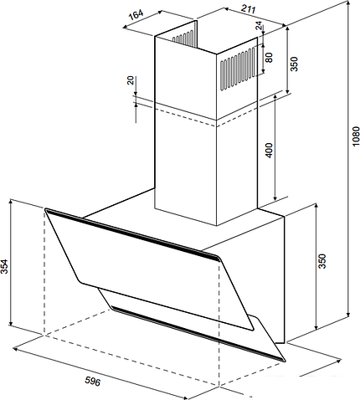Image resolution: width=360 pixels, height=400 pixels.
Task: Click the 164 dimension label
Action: [136, 14]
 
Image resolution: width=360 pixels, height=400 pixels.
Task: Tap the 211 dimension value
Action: [248, 9]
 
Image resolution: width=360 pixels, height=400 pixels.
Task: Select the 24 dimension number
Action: [260, 26]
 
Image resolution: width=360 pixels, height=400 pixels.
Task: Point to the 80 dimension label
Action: [269, 58]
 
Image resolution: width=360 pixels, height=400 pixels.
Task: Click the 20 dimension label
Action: [131, 80]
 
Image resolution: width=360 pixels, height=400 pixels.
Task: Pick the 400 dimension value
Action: [269, 151]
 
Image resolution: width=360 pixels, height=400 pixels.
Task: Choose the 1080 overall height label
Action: [355, 136]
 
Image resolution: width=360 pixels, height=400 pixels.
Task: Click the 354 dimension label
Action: [4, 266]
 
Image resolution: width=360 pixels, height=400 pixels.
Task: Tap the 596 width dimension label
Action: [92, 381]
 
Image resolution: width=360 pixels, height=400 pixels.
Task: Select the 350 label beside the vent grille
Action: [294, 64]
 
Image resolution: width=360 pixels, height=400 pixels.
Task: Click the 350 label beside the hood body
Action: [322, 261]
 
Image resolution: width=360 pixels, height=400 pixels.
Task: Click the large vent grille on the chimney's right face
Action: [238, 69]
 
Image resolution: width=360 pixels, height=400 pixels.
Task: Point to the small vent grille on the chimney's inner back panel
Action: [183, 38]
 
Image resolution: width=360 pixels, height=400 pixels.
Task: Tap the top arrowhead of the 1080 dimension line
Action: [348, 3]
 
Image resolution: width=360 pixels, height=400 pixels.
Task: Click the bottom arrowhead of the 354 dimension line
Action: [11, 323]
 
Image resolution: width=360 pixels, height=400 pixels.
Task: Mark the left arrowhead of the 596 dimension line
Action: [16, 349]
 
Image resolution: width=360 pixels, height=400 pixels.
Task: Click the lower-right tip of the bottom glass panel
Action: [285, 361]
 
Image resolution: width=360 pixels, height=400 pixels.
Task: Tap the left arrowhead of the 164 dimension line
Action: [126, 27]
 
